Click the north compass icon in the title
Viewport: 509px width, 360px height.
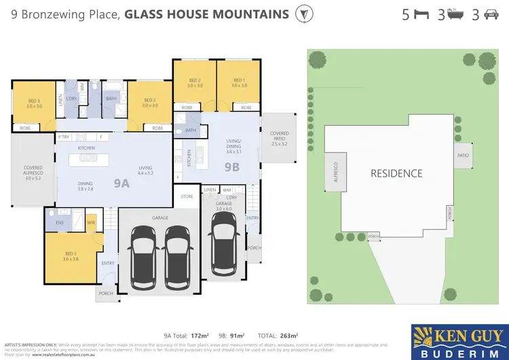(x=305, y=14)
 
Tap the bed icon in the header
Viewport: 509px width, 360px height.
(x=421, y=14)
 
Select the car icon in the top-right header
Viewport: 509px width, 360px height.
(x=490, y=14)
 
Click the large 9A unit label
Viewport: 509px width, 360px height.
(x=121, y=183)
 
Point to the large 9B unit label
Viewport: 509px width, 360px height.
(x=232, y=165)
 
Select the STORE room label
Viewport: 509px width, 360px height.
(x=187, y=196)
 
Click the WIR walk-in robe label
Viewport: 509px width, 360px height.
(x=90, y=222)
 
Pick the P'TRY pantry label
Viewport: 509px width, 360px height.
(x=64, y=137)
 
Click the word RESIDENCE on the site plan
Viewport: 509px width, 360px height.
(x=396, y=173)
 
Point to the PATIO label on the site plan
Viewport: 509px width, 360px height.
(x=463, y=156)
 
